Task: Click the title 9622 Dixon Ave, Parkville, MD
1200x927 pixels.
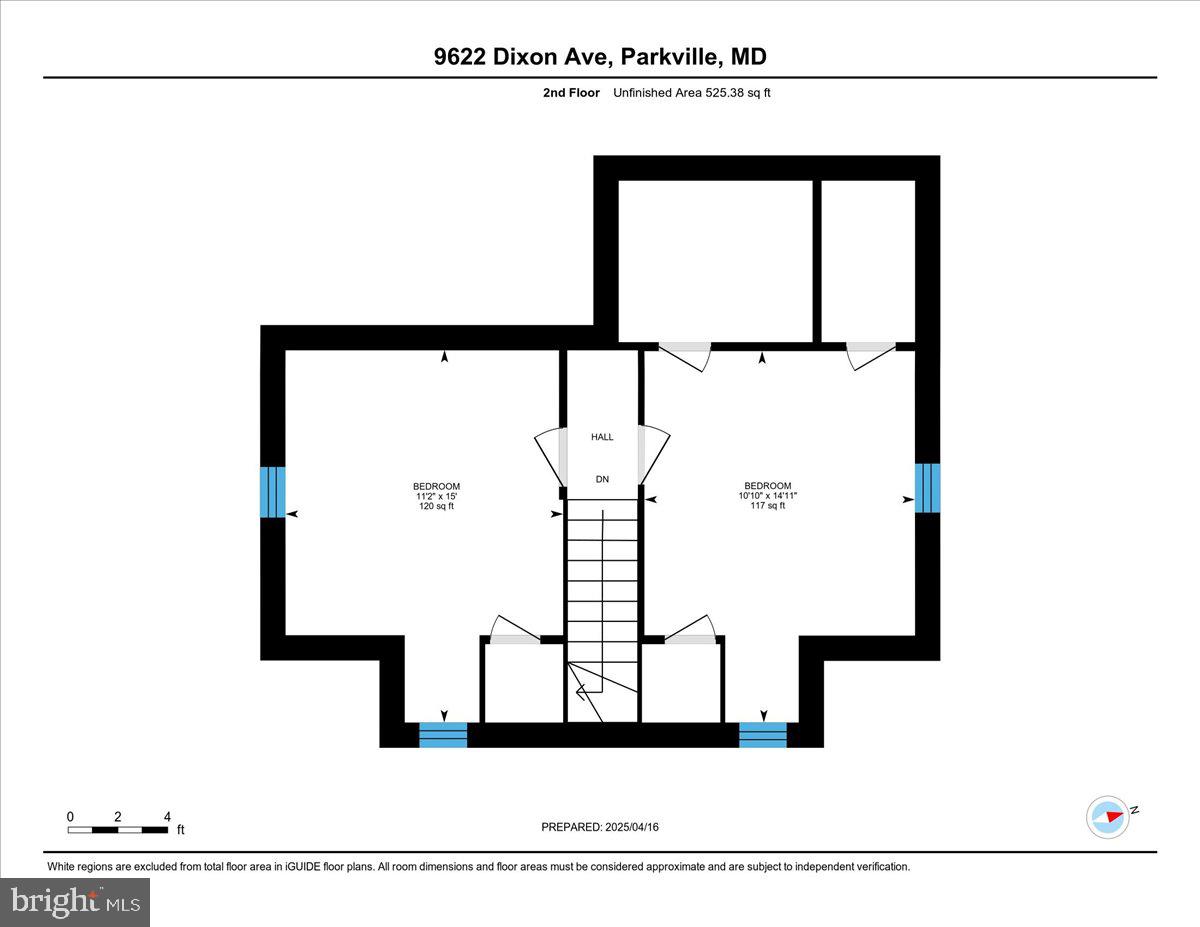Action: pos(600,57)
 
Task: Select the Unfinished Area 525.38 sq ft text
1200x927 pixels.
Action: pos(692,93)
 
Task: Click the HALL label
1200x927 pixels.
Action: pos(602,437)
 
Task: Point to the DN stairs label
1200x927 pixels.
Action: pos(602,480)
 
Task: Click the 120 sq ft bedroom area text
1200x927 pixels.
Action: pos(437,507)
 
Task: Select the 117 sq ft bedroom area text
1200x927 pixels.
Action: pos(767,506)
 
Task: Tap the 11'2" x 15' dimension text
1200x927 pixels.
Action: pos(437,496)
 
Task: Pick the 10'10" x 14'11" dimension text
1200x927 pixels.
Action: pos(767,495)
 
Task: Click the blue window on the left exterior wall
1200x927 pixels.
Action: pos(273,492)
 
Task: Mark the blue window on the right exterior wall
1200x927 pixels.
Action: pos(927,487)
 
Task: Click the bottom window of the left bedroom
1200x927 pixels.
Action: pos(443,734)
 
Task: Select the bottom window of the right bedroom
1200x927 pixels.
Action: pos(763,734)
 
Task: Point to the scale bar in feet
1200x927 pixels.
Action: pos(118,829)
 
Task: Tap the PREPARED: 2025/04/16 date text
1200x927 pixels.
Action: pos(600,827)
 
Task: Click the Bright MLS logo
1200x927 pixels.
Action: pos(76,901)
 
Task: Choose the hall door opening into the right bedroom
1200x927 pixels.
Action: pos(654,455)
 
